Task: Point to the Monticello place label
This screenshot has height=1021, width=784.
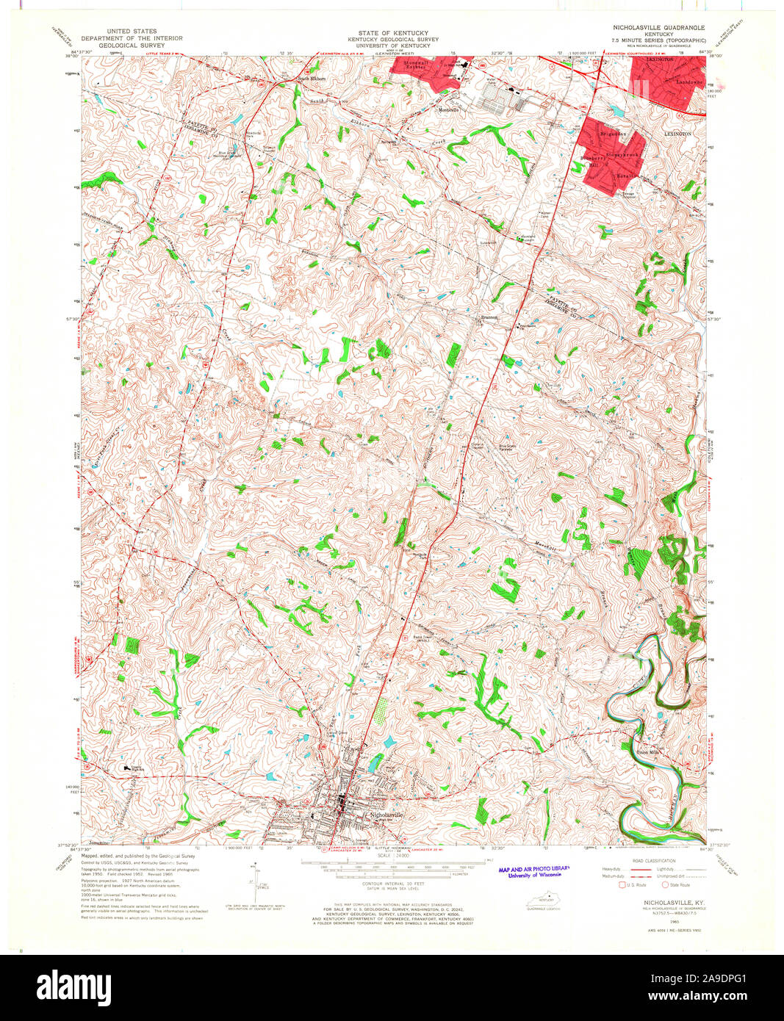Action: click(x=448, y=110)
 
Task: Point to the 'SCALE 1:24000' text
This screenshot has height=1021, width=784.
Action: click(x=392, y=856)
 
